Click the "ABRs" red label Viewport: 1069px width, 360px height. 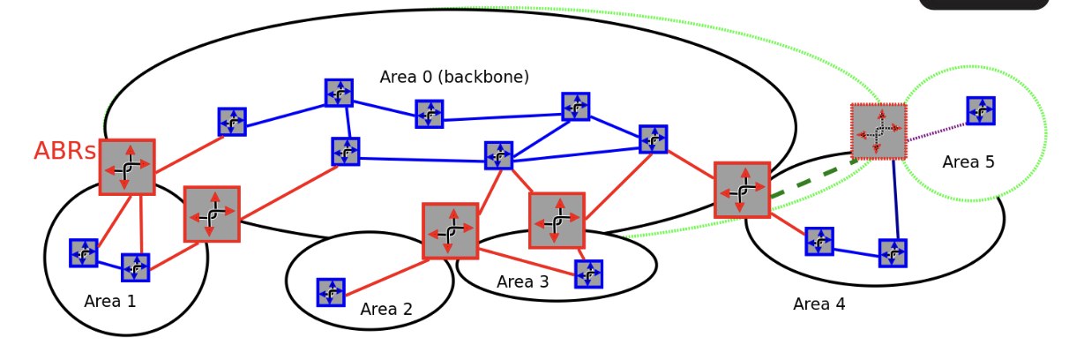(64, 152)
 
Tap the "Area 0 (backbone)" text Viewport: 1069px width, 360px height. (454, 78)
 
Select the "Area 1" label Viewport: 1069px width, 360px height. (110, 302)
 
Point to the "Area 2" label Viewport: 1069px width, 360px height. (386, 310)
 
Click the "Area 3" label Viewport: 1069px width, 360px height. (522, 282)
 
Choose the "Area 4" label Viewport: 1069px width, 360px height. (819, 304)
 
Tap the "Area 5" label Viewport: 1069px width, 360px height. (968, 162)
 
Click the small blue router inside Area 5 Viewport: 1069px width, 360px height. (980, 111)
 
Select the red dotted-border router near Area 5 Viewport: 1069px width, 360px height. (878, 131)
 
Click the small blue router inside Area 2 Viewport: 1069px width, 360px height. (331, 292)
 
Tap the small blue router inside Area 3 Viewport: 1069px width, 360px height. (588, 274)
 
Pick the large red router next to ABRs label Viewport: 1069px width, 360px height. (127, 167)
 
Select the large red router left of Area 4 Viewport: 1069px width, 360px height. (742, 190)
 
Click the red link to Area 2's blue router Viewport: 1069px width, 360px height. (384, 276)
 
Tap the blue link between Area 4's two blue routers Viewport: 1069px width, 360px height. (856, 251)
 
